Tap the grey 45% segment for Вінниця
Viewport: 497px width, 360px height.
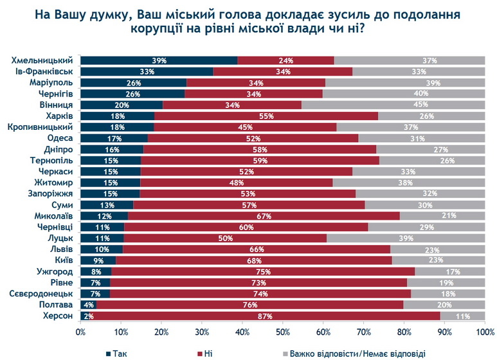click(x=393, y=105)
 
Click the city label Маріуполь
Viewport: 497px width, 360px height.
click(x=54, y=83)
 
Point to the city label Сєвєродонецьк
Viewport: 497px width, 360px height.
click(x=43, y=293)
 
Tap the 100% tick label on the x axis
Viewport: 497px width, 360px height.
click(x=483, y=332)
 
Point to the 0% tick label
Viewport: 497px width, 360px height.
click(x=81, y=332)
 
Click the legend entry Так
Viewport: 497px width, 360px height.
click(x=115, y=353)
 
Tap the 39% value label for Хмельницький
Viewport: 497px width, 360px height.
click(x=159, y=60)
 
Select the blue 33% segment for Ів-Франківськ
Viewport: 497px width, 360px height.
click(x=147, y=71)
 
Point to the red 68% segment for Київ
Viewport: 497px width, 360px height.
click(x=253, y=260)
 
